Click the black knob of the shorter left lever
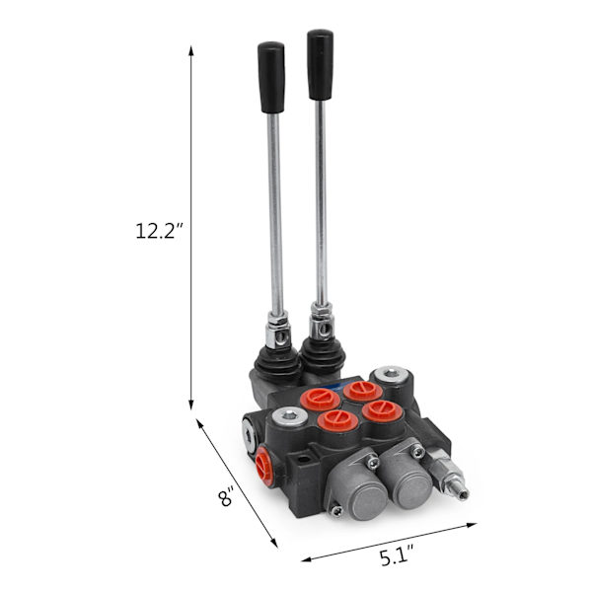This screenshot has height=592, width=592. tap(271, 77)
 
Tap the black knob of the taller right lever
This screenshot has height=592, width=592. tap(320, 64)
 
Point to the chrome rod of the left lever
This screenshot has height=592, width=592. tap(275, 213)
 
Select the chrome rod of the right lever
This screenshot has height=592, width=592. tap(321, 202)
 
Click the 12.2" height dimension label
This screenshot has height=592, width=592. tap(159, 231)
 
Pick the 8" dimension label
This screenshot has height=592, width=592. tap(226, 496)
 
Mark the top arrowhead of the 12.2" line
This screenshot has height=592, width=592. tap(191, 50)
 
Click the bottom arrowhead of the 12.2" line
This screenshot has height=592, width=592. tap(191, 405)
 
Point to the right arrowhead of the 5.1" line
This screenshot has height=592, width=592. tap(472, 525)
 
